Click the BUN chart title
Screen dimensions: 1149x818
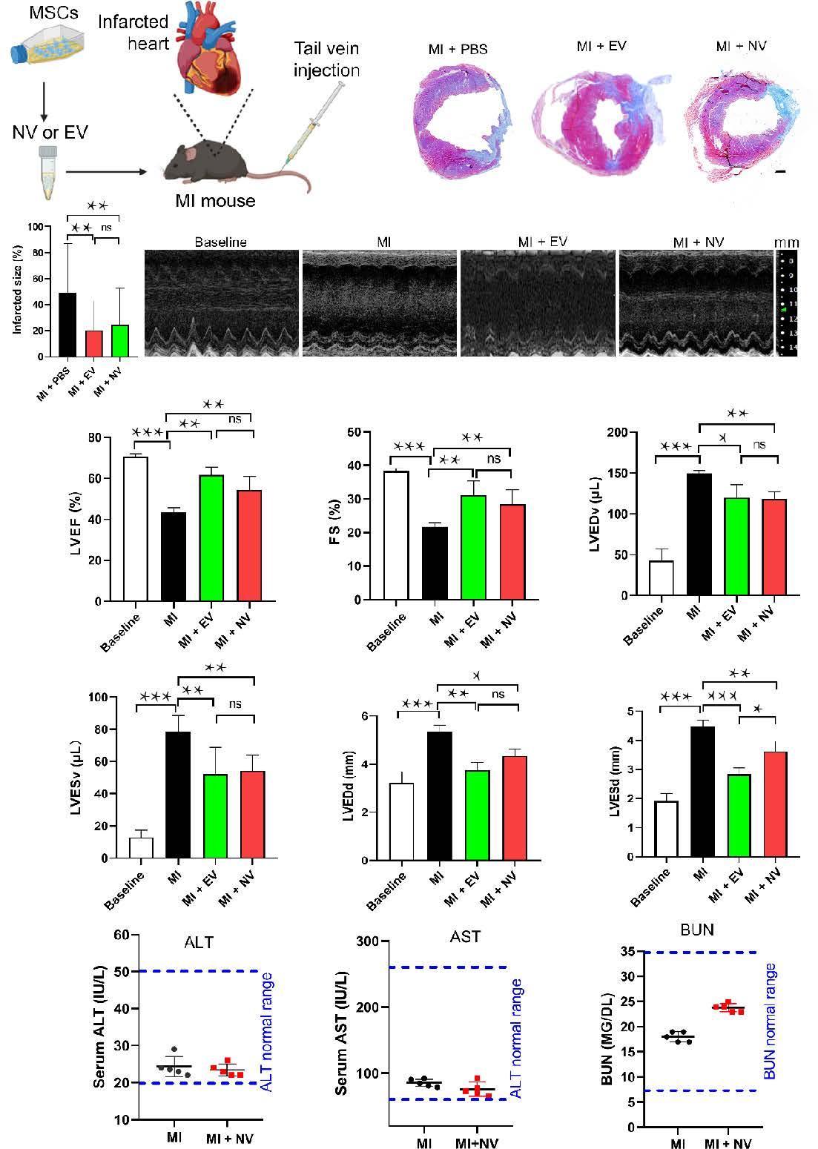tap(697, 930)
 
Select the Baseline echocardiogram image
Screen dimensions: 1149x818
tap(221, 303)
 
